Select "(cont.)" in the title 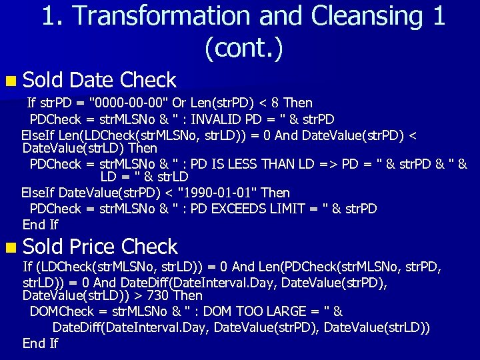(243, 47)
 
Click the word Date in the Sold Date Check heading (92, 80)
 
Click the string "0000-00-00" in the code (131, 103)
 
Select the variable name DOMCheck (62, 311)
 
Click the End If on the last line (41, 343)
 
